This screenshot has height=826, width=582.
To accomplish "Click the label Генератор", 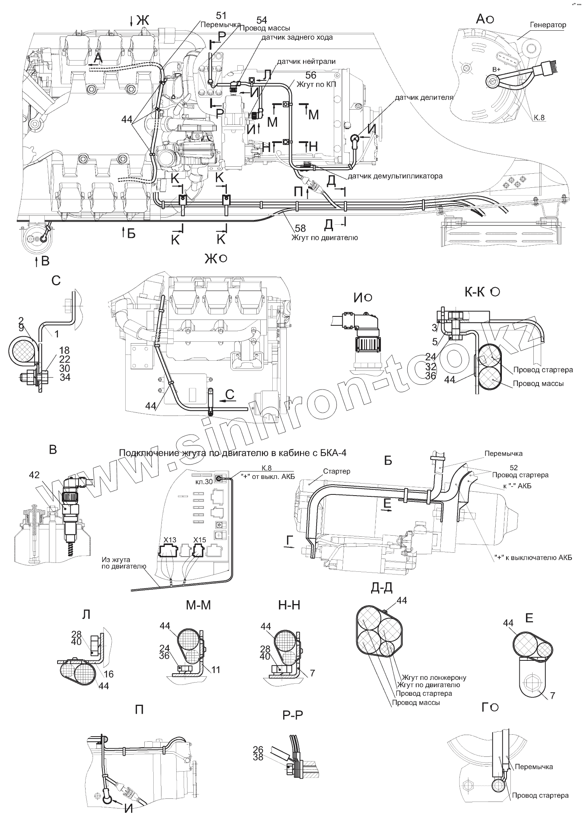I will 548,25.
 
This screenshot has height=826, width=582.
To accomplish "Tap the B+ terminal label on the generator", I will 496,69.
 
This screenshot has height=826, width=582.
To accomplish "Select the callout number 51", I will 221,16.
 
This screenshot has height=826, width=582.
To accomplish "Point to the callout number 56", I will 311,75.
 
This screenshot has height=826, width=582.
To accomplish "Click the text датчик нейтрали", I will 306,61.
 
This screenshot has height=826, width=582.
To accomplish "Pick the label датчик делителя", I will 424,97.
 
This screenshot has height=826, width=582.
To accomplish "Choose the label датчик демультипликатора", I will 395,176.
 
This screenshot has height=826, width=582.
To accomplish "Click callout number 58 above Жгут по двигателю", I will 300,228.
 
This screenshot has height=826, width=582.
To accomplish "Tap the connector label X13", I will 170,540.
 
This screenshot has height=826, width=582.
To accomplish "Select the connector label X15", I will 200,540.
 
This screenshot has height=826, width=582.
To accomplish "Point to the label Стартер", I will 337,471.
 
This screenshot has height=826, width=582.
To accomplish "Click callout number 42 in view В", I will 34,475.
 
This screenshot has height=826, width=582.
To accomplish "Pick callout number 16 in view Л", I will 109,674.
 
